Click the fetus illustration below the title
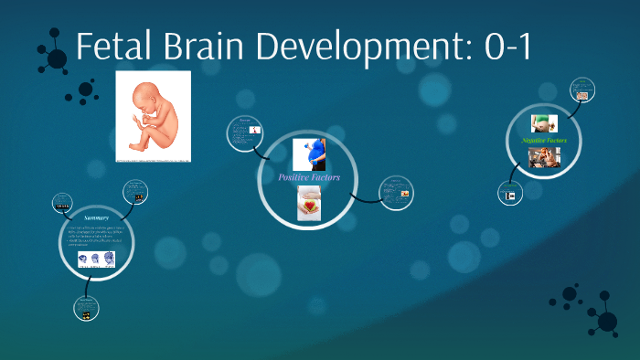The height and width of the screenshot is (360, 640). click(x=154, y=116)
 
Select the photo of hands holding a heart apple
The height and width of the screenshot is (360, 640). click(x=308, y=202)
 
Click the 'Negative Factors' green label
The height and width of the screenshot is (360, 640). click(x=544, y=141)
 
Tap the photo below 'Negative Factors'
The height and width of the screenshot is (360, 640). click(x=544, y=158)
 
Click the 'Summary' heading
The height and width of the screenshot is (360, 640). click(x=96, y=218)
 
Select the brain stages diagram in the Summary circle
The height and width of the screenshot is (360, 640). click(x=96, y=260)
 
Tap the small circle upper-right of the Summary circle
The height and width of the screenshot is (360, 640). click(x=134, y=193)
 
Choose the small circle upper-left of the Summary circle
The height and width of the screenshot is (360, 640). click(x=62, y=201)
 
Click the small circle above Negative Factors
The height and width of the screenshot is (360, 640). click(x=582, y=90)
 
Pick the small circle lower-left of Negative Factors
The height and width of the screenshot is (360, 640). click(x=508, y=194)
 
